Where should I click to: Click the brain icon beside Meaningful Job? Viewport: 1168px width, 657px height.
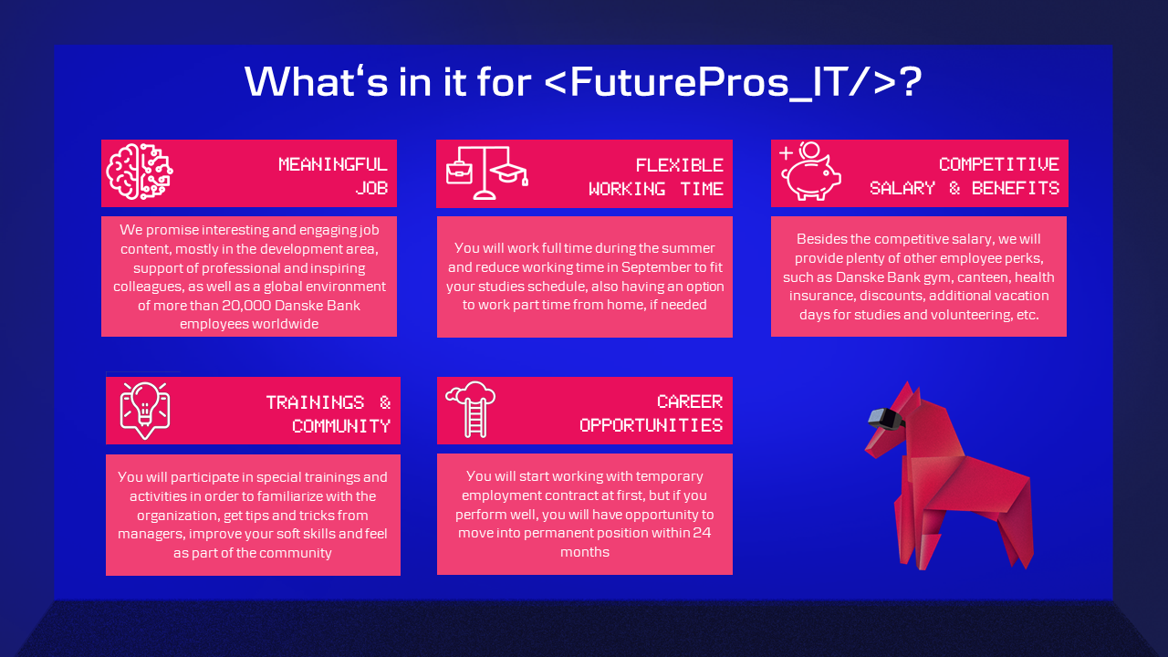[140, 172]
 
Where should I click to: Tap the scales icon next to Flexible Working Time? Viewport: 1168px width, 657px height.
[487, 172]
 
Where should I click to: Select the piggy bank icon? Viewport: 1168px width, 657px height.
[809, 171]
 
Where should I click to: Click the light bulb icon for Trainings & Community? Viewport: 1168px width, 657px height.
[145, 411]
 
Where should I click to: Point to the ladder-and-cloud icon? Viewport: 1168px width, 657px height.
[471, 410]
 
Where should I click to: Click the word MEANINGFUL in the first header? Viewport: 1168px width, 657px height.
[333, 165]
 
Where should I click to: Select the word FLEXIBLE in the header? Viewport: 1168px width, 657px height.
[679, 166]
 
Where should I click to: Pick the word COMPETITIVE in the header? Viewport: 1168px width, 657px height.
[999, 165]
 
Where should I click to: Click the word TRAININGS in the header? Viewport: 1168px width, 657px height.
[315, 402]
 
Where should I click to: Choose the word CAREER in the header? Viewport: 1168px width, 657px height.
[690, 402]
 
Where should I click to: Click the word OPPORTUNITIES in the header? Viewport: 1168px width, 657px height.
[652, 425]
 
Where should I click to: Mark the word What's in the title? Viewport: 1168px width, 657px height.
[317, 81]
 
